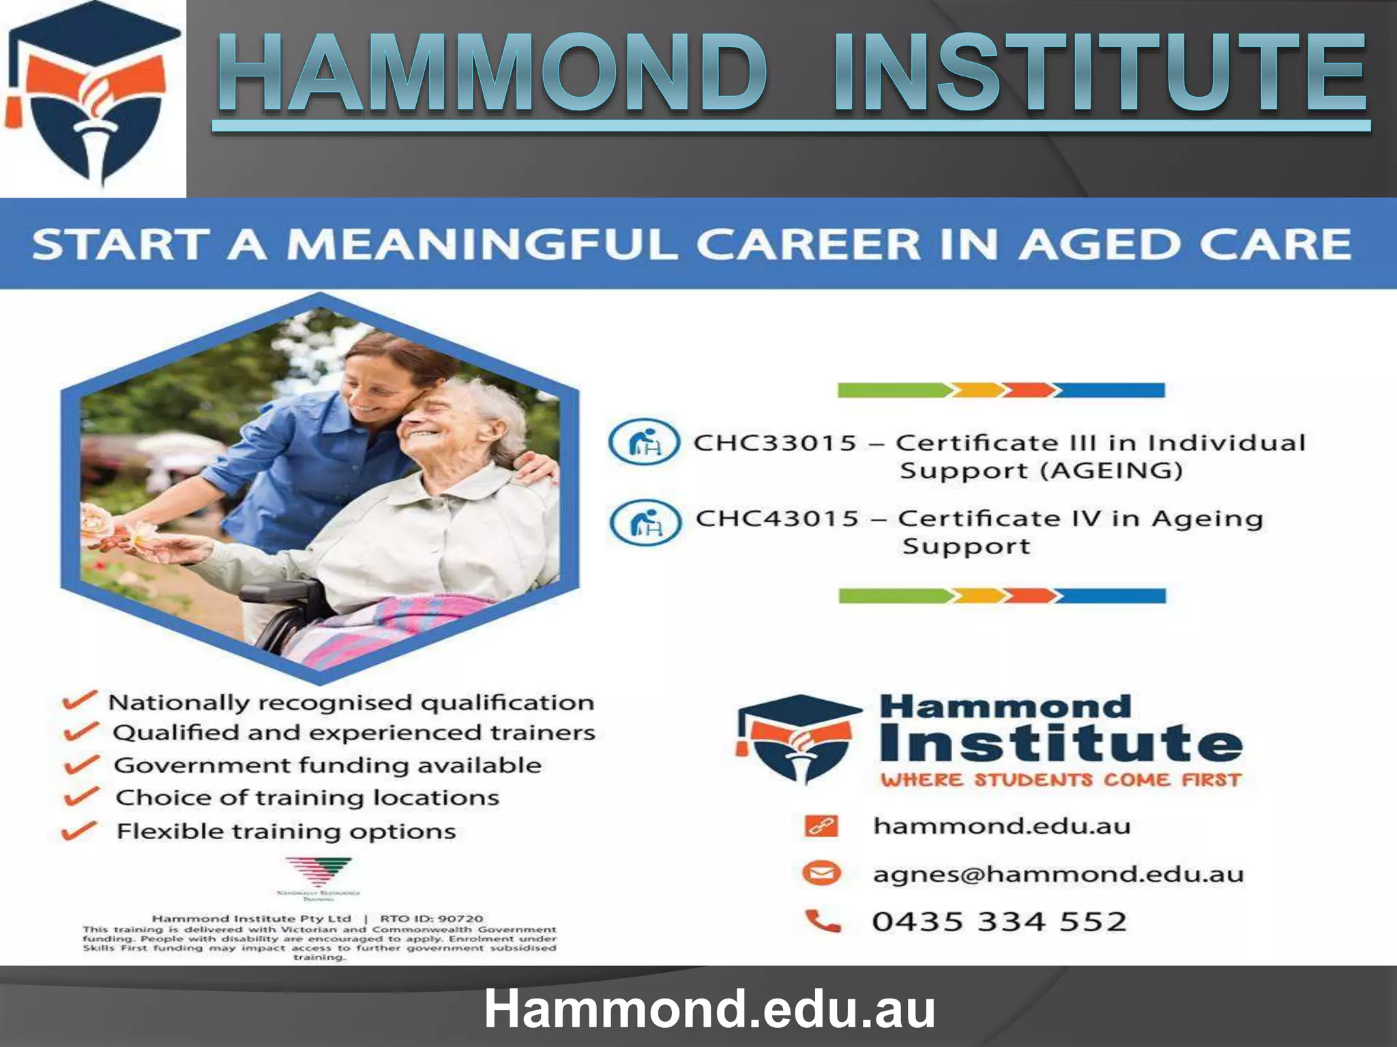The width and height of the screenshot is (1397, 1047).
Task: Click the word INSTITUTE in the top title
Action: (x=1098, y=74)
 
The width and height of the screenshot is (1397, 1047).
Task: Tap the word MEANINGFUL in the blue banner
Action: (x=482, y=244)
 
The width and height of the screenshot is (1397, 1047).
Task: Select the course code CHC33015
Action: (x=775, y=443)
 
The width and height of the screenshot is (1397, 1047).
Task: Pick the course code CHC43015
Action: (x=777, y=519)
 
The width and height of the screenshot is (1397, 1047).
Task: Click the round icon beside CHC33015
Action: (x=644, y=442)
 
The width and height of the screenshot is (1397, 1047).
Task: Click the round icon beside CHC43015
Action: (x=645, y=523)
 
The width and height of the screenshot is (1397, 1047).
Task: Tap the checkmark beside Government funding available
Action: (x=83, y=764)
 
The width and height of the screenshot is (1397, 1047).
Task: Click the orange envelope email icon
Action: (x=821, y=873)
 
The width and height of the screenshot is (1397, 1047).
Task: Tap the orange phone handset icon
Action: (x=823, y=921)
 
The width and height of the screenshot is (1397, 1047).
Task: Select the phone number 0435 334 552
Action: (x=999, y=922)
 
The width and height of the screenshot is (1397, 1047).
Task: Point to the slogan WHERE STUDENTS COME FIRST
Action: (x=1060, y=780)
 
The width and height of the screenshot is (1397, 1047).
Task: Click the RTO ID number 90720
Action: (x=460, y=918)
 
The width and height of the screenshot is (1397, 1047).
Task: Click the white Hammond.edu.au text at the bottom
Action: (x=709, y=1009)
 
